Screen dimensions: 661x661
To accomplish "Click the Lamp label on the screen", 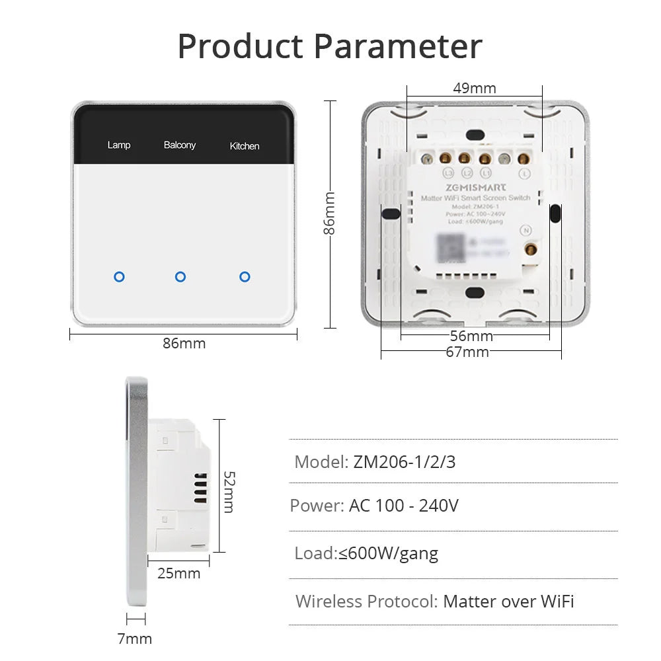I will point(119,145).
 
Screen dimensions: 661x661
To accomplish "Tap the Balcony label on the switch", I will point(180,145).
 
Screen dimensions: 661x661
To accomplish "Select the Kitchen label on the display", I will point(245,146).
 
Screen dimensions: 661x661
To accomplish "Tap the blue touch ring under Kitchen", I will point(245,276).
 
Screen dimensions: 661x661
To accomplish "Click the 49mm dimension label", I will point(474,88).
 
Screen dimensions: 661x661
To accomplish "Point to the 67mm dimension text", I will point(467,352).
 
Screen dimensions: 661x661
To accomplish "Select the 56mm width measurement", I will point(471,336).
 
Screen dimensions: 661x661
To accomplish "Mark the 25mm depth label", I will point(178,573).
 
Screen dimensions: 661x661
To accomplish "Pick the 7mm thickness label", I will point(135,639).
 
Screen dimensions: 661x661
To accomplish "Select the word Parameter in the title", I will point(398,46).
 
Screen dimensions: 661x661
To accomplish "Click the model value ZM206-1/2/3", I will point(405,461).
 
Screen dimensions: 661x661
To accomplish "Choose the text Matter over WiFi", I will point(508,601).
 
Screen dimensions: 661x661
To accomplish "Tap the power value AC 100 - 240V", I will point(404,506).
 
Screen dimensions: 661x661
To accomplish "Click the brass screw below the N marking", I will point(529,249).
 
